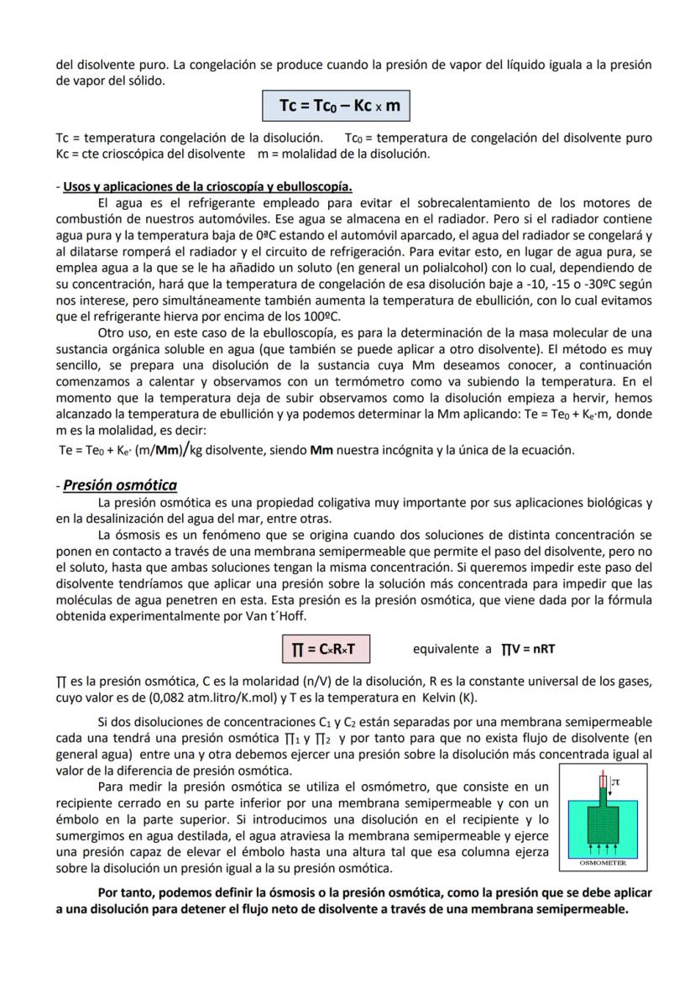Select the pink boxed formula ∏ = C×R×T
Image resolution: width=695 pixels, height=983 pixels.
tap(326, 649)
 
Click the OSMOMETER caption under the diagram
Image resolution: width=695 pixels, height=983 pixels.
tap(604, 862)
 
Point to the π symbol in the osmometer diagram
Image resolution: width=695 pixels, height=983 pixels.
tap(616, 782)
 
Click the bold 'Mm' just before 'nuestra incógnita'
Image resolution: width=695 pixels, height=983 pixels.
tap(321, 450)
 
